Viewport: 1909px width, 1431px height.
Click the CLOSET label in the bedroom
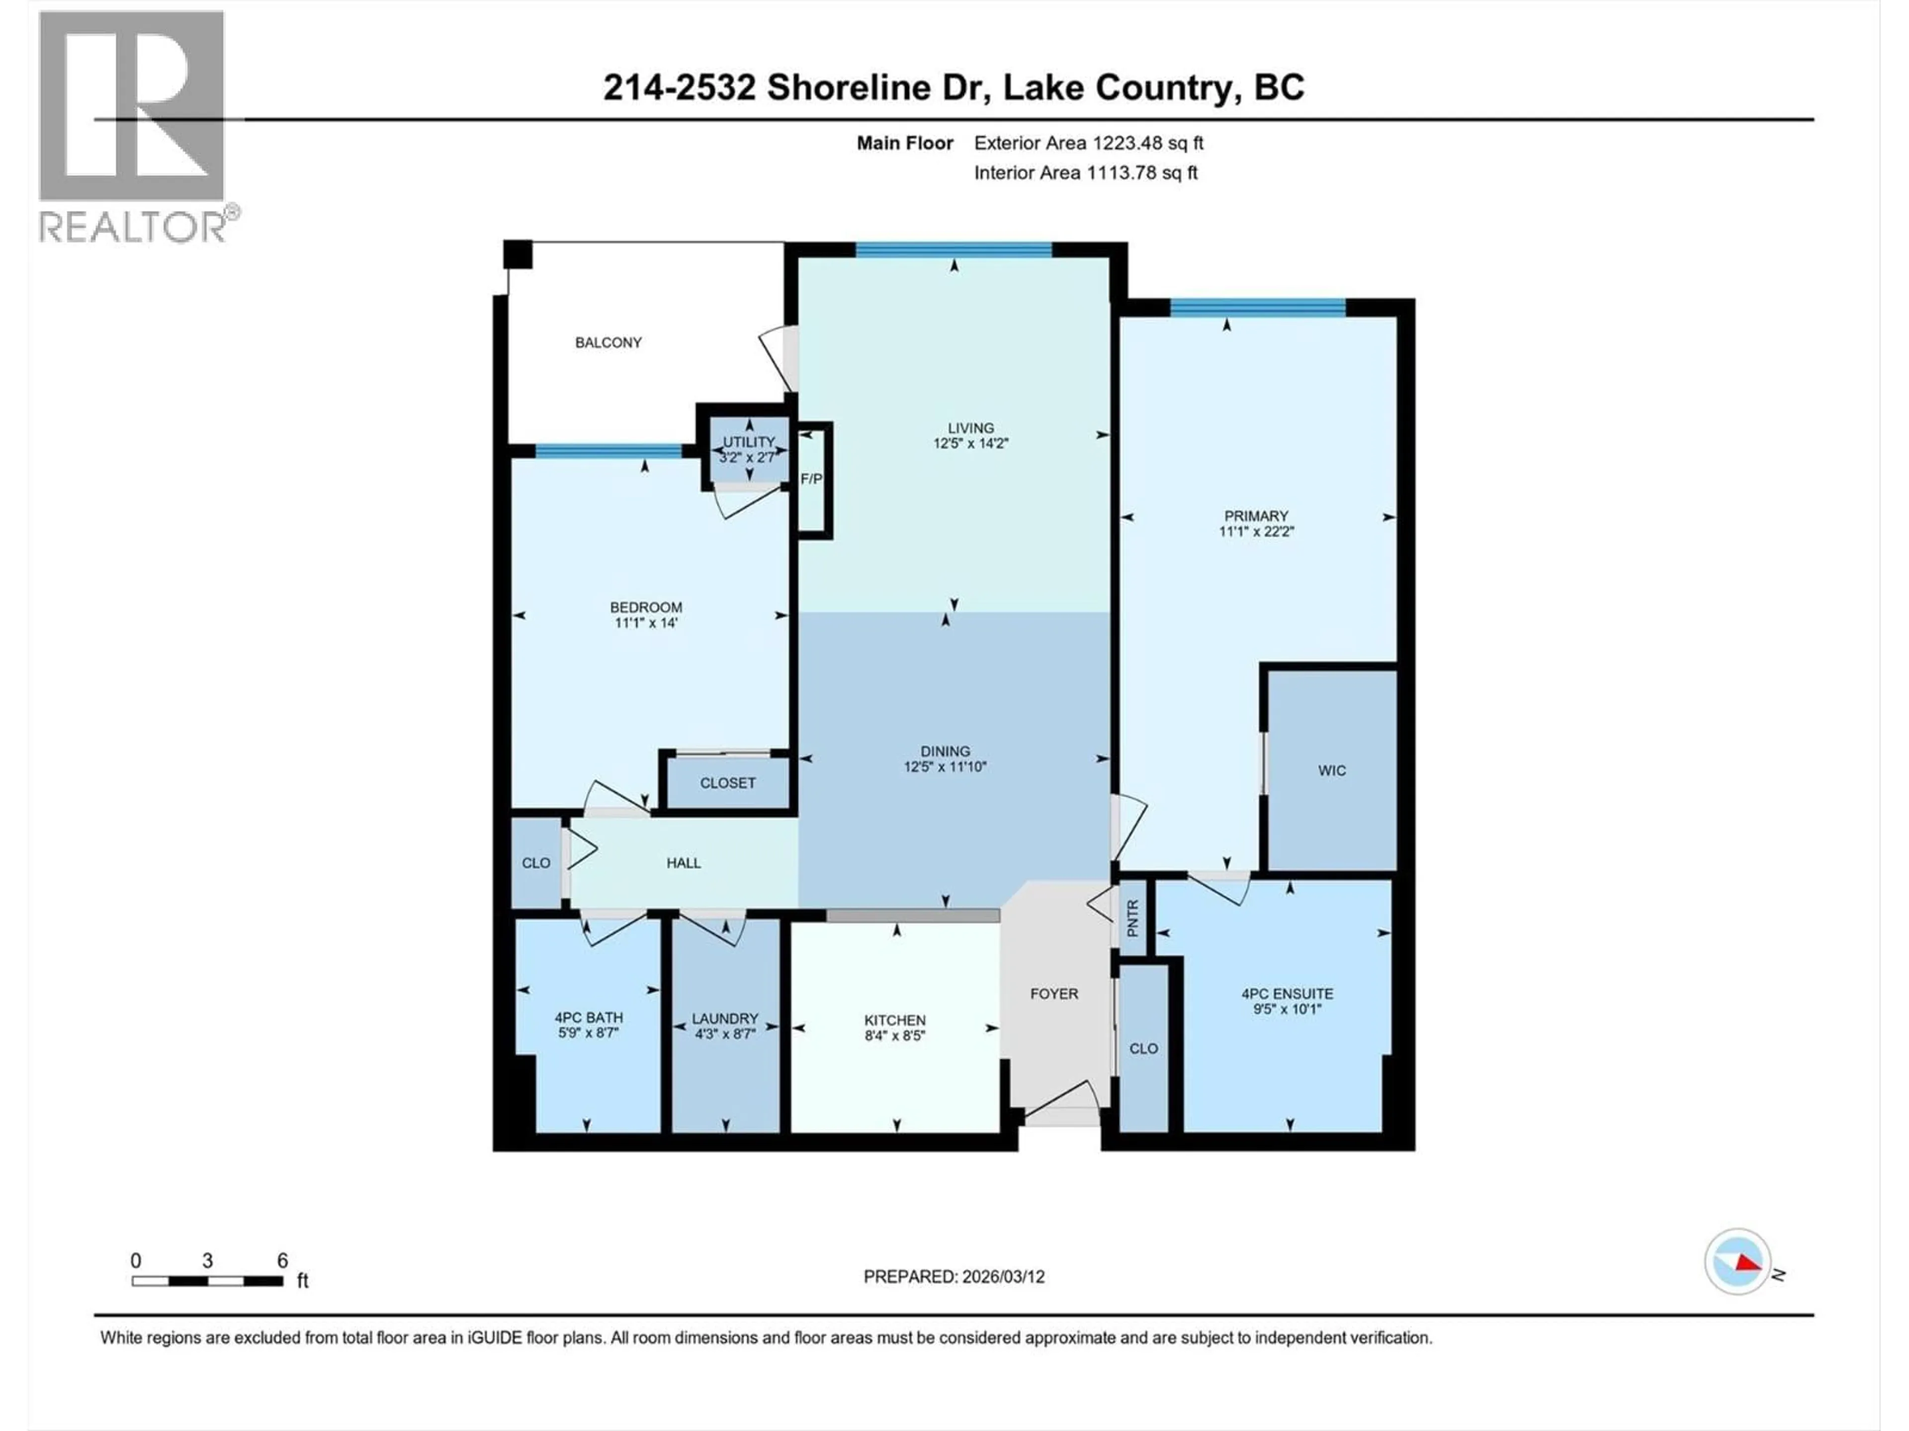pos(727,783)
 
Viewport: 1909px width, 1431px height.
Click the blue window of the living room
pos(953,250)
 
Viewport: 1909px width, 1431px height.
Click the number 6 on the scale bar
pos(282,1260)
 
